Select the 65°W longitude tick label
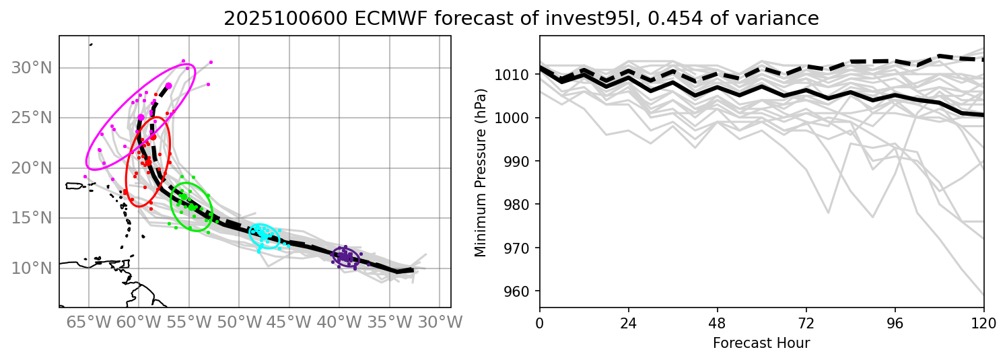pos(88,322)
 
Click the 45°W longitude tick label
pos(289,322)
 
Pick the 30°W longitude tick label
pos(440,322)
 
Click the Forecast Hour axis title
pos(761,343)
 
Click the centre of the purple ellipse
pos(346,257)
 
